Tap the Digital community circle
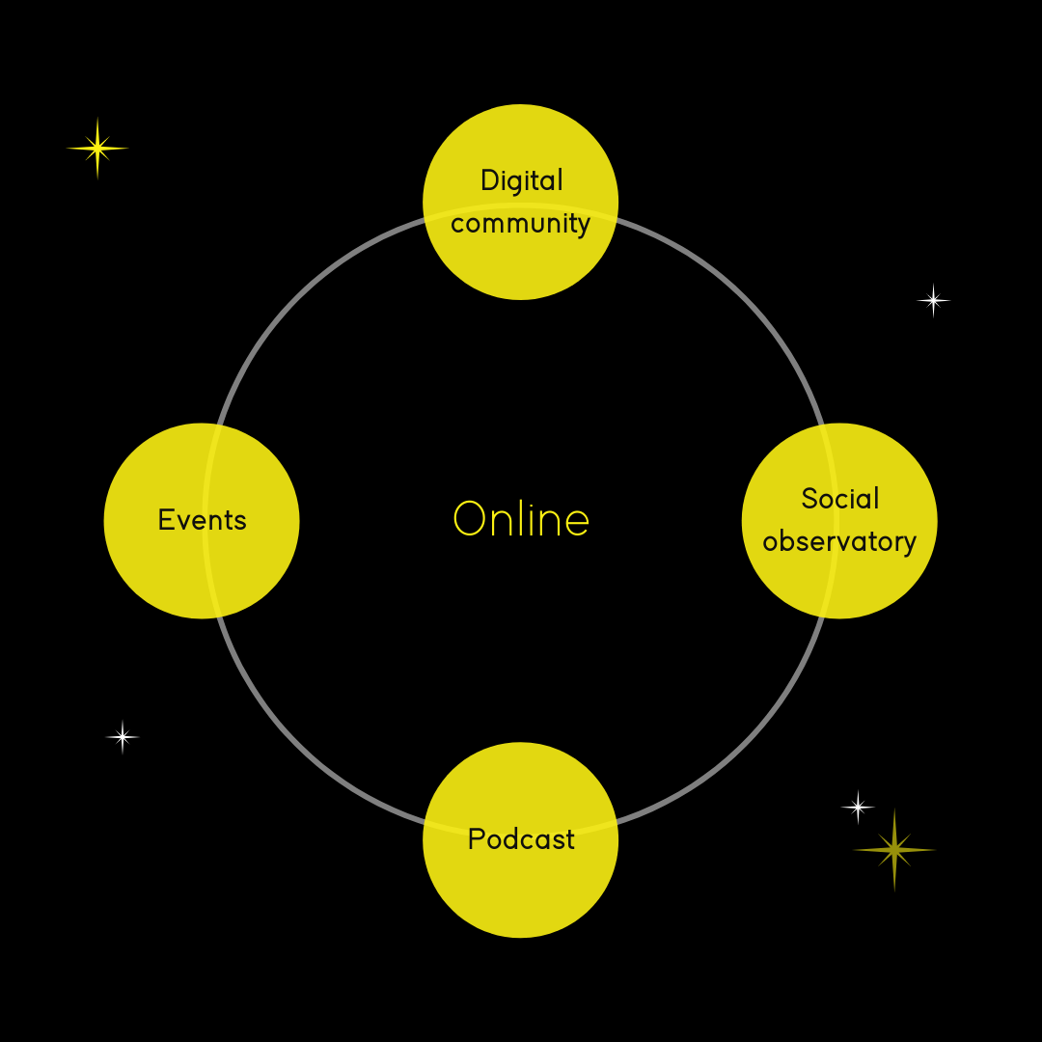[520, 260]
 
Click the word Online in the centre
[521, 519]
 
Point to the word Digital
[522, 180]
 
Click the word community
[520, 224]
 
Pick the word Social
[840, 499]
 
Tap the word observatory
[839, 541]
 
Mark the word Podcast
[521, 839]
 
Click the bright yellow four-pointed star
[97, 149]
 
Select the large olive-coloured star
[894, 850]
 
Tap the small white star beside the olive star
[858, 807]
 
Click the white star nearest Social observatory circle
[933, 301]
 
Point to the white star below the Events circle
[123, 737]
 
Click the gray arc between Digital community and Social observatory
[745, 296]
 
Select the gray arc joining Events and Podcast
[296, 745]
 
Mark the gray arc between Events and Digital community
[296, 296]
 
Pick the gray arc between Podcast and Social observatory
[745, 745]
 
